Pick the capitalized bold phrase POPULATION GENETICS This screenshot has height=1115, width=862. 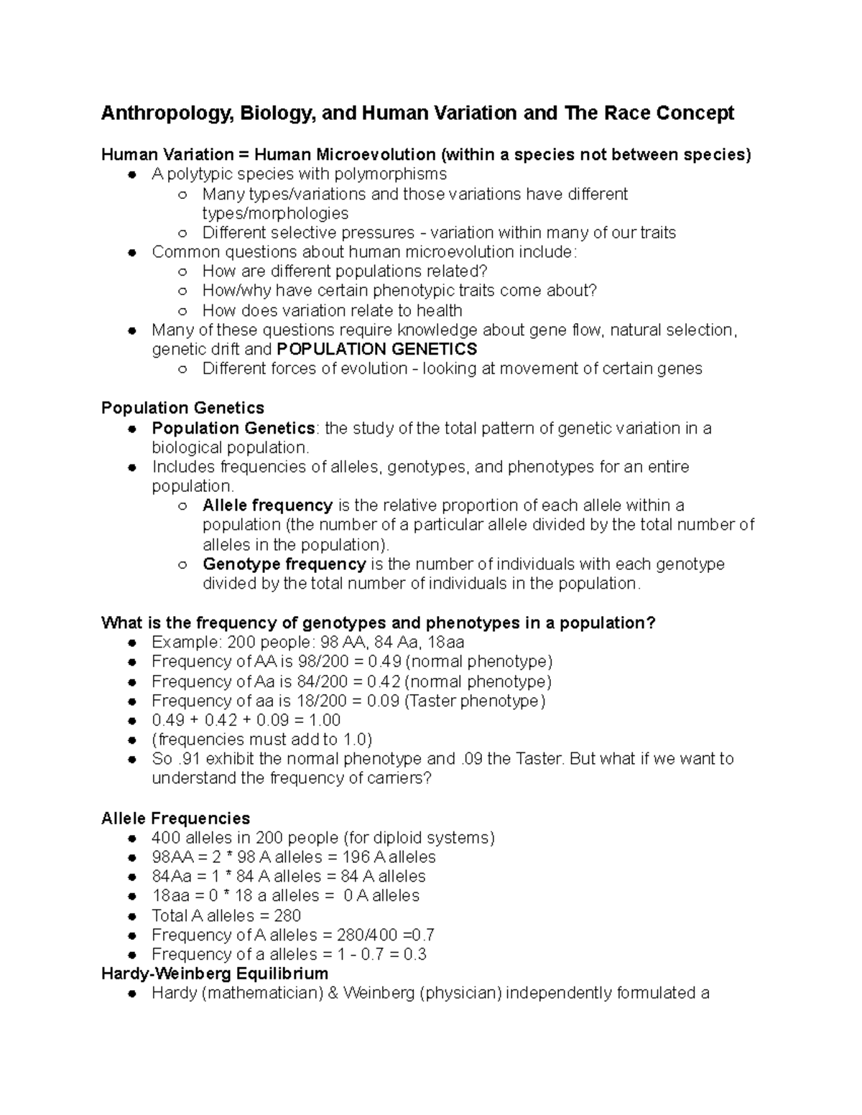click(376, 350)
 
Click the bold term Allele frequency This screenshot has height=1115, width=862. click(267, 505)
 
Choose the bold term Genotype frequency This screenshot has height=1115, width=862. click(284, 564)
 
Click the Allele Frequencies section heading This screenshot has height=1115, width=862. click(175, 818)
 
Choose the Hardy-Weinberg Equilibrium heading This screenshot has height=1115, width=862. click(214, 974)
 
